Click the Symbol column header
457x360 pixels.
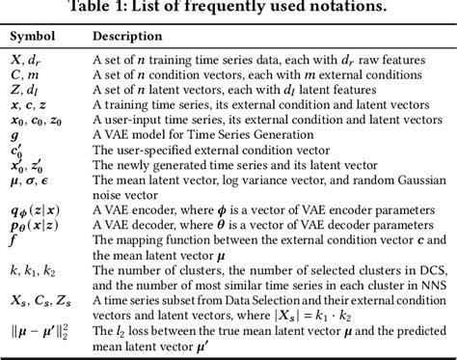(x=33, y=36)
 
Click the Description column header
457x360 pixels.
(x=127, y=36)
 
